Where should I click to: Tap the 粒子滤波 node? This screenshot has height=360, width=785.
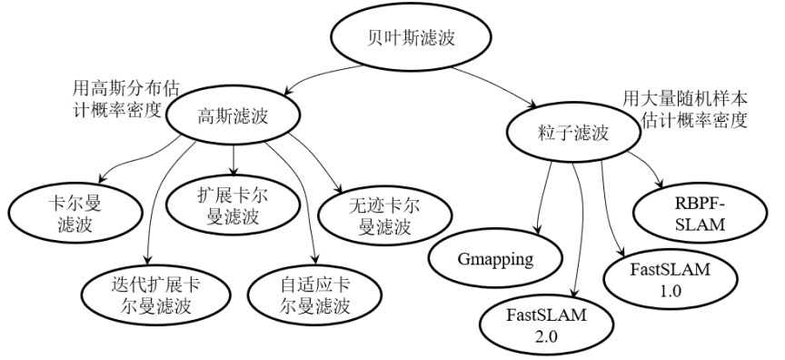click(x=569, y=134)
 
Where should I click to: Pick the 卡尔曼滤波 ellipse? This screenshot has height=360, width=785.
click(x=76, y=212)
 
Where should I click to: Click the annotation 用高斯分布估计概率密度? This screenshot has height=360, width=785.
click(x=118, y=102)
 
